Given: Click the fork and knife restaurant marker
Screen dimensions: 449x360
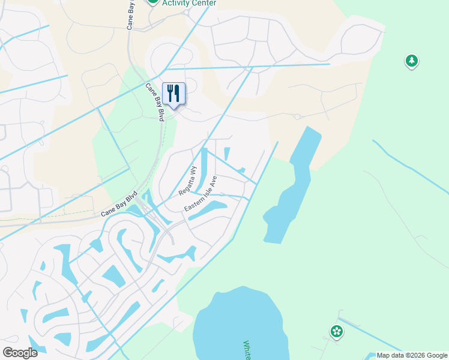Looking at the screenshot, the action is (x=173, y=94).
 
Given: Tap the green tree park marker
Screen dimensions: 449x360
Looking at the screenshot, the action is (x=411, y=61).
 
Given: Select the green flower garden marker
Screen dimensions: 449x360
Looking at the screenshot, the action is (x=336, y=331).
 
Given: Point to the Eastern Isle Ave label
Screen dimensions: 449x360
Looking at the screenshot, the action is (x=200, y=194).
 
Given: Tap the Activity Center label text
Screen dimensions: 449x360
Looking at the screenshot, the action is (x=189, y=3).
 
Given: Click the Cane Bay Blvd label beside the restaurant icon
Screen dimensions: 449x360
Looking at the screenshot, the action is (x=155, y=102).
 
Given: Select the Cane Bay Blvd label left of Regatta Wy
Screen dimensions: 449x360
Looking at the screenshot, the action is (x=119, y=204).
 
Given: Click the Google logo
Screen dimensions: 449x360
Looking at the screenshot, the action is (x=20, y=353).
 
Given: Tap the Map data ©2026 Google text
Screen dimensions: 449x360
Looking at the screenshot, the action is (x=411, y=355).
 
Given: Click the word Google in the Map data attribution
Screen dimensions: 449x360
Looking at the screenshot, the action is (x=433, y=355).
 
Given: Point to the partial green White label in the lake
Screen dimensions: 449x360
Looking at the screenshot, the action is (x=246, y=350).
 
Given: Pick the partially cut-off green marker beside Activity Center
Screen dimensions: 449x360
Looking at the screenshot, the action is (x=153, y=2).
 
